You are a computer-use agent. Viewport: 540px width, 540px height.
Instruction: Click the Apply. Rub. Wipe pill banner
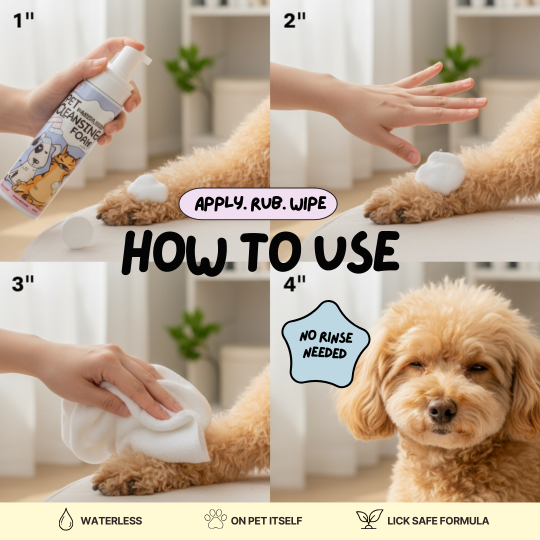258,204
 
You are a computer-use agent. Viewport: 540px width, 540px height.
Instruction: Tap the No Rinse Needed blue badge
325,344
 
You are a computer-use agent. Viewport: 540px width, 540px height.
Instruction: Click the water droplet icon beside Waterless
65,520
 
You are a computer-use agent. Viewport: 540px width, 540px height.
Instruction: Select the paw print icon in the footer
215,519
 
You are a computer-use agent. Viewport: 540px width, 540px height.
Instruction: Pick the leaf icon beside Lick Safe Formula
369,519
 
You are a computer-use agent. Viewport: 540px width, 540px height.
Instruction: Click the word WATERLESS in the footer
111,520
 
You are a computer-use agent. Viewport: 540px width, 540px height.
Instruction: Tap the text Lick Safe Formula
438,520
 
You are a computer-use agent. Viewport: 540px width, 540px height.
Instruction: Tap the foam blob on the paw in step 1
148,189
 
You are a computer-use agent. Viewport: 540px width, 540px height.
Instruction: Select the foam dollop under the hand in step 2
439,172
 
